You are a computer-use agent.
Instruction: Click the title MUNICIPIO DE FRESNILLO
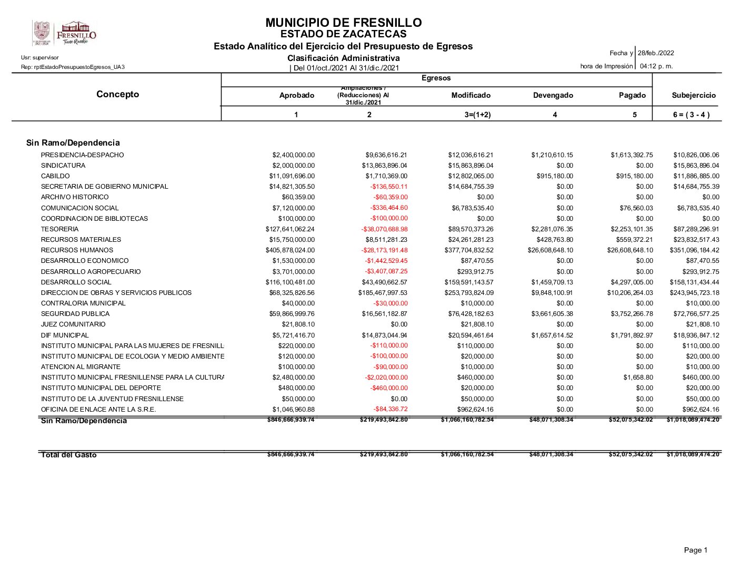click(343, 23)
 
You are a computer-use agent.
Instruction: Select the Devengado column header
click(553, 95)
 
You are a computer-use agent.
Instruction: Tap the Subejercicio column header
click(694, 95)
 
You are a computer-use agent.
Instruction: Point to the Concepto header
click(117, 94)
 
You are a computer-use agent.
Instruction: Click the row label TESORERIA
click(59, 229)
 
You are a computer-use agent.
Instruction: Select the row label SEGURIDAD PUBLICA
click(75, 314)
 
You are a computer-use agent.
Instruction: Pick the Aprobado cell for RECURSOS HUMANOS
click(290, 250)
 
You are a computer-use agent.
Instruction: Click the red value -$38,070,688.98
click(384, 229)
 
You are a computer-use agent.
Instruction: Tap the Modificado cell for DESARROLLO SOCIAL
click(469, 282)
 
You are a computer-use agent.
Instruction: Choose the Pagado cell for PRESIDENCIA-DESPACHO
click(632, 155)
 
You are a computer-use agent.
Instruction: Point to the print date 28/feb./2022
click(656, 53)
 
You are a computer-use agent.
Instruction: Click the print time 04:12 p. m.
click(656, 66)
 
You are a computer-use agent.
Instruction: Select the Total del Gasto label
click(69, 455)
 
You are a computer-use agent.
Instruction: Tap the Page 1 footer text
click(695, 550)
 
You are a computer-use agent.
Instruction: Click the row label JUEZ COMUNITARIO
click(73, 324)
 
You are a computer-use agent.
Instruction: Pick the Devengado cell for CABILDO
click(555, 176)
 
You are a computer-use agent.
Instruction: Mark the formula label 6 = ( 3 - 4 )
click(691, 115)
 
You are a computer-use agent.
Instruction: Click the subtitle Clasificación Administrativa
click(343, 58)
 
